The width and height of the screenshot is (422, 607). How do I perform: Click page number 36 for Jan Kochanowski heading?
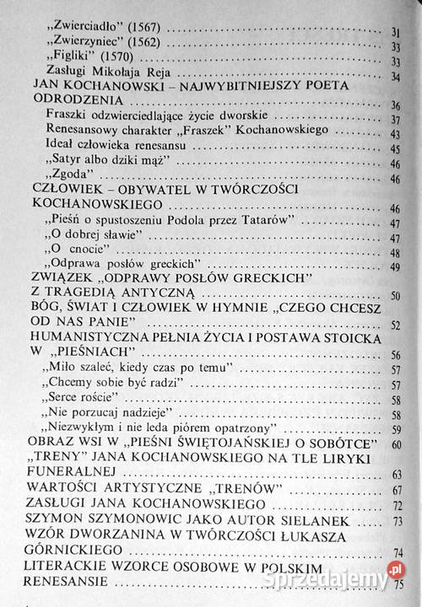394,105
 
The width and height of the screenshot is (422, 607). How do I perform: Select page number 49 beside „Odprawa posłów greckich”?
394,268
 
